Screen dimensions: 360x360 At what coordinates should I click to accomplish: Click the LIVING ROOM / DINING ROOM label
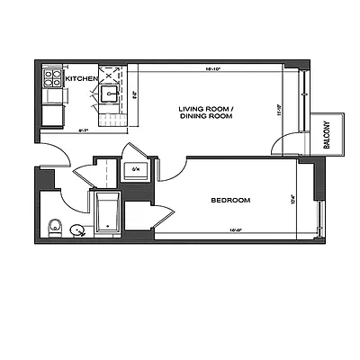[x=206, y=112]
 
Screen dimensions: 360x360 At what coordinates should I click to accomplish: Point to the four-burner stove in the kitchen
[x=49, y=77]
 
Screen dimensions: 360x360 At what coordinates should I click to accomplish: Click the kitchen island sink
[x=112, y=92]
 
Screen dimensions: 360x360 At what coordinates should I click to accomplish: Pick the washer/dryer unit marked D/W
[x=136, y=168]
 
